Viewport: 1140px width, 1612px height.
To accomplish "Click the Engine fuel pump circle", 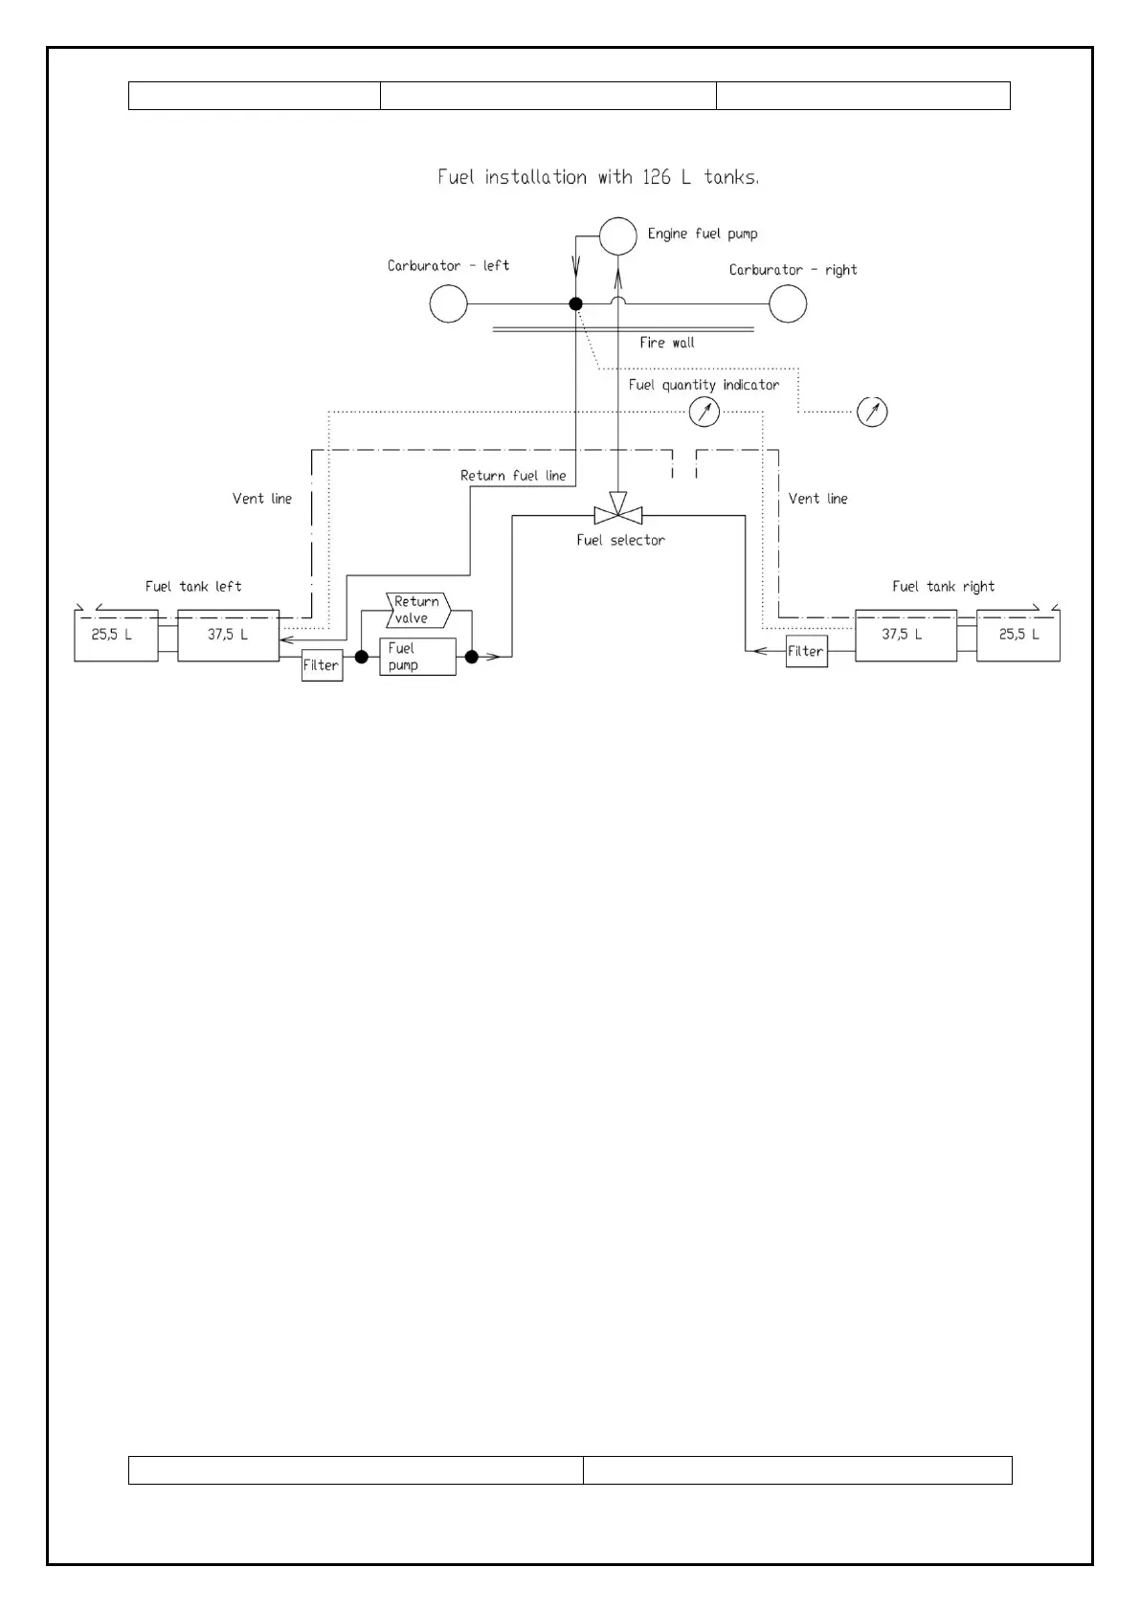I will [x=617, y=235].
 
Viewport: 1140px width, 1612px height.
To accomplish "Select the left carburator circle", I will [x=448, y=304].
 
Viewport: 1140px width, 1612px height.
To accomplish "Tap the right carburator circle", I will [x=788, y=304].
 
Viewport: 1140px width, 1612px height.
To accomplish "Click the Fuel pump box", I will [x=417, y=657].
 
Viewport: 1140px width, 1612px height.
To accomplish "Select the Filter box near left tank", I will [x=322, y=664].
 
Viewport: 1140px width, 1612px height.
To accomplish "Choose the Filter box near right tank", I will [x=806, y=651].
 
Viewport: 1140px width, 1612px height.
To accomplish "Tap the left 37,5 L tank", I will [x=228, y=635].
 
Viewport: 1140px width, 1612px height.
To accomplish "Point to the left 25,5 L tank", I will [x=116, y=635].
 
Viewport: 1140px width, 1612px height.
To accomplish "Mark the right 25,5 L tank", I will [x=1017, y=635].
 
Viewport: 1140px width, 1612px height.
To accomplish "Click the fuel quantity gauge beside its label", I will [x=704, y=412].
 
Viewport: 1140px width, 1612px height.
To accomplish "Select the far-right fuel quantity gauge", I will [x=872, y=412].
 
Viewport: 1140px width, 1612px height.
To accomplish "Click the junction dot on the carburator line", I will [x=576, y=303].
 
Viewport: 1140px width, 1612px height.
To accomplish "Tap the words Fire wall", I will [x=667, y=343].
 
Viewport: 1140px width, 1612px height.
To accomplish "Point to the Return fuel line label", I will [x=513, y=476].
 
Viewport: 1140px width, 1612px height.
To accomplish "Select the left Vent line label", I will [x=262, y=499].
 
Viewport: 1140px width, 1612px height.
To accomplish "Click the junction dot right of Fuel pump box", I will [x=471, y=657].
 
